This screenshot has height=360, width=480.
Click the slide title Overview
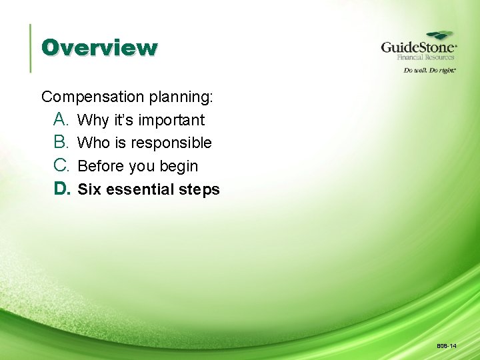(99, 48)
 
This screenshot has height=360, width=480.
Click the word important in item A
(171, 120)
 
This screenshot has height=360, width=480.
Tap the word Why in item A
(93, 120)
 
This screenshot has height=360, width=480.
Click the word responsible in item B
(171, 143)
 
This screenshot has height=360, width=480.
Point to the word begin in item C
(179, 166)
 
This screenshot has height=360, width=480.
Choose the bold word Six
(89, 189)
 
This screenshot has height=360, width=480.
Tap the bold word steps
(199, 190)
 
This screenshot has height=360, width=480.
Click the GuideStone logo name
(418, 47)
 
